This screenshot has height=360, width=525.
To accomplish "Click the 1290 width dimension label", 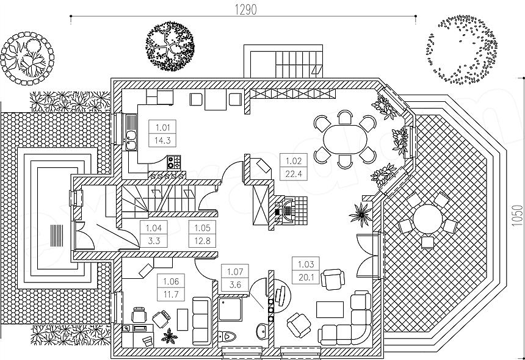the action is coord(246,10).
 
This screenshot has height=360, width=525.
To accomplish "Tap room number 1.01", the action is coord(163,128).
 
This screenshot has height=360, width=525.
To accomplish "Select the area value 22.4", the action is coord(294,174).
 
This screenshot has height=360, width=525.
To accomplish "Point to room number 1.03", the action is coord(305,264).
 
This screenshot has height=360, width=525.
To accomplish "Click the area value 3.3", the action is coord(153,240).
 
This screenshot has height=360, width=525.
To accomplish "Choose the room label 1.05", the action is coord(202,228).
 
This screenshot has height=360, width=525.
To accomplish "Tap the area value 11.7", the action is coord(171,295).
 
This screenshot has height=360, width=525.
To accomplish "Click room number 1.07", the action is coord(235,272).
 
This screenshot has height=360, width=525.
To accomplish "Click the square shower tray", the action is coord(230,309).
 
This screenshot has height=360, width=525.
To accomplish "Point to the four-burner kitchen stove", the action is coord(174,162).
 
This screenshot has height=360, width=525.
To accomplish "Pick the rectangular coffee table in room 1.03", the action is coord(330,309).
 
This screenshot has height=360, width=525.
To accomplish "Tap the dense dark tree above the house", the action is coord(170,46).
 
